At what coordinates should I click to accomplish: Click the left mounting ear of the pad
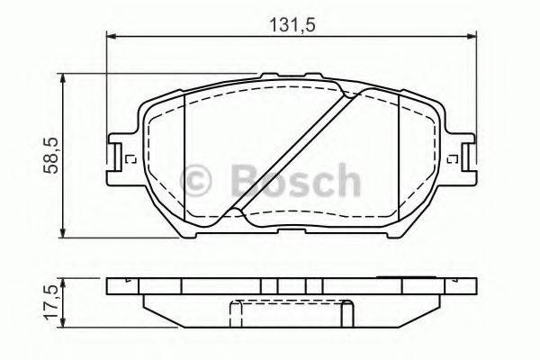(117, 155)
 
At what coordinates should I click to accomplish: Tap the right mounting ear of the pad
(462, 155)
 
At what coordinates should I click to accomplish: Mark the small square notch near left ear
(132, 160)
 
